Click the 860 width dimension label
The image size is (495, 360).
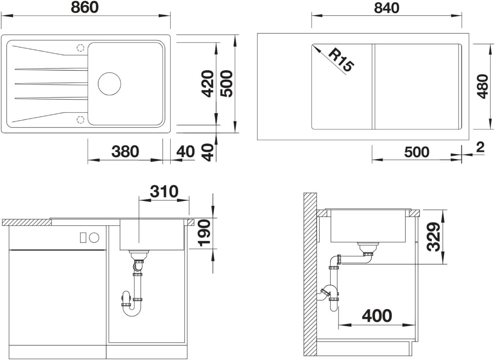[85, 7]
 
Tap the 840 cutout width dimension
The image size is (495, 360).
[387, 8]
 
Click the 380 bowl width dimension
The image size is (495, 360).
[125, 152]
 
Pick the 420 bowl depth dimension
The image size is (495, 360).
[208, 84]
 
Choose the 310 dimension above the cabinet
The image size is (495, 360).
[164, 192]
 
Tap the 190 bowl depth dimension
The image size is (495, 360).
[204, 233]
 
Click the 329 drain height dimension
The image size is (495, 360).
[433, 237]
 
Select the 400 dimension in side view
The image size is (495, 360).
[377, 316]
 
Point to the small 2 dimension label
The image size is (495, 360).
[480, 147]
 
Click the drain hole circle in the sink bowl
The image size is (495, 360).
[109, 84]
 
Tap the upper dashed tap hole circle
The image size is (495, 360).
[81, 48]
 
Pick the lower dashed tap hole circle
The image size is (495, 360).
[81, 120]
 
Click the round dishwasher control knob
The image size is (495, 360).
[94, 238]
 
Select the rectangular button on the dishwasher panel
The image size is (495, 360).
[83, 237]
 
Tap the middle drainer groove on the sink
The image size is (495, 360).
[51, 84]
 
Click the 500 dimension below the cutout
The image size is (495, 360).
[417, 152]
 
